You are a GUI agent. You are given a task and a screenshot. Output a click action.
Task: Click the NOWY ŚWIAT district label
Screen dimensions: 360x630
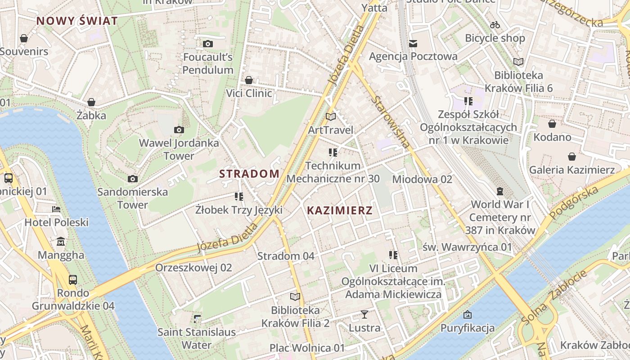coord(77,21)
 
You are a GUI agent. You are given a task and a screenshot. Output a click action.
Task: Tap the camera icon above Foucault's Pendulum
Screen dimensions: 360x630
coord(207,44)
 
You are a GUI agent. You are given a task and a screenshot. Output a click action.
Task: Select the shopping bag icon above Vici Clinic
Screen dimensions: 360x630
coord(249,80)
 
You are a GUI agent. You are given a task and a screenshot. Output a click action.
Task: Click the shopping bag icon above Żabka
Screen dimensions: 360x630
coord(91,102)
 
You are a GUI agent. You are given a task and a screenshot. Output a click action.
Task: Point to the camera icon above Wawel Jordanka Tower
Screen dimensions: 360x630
coord(179,130)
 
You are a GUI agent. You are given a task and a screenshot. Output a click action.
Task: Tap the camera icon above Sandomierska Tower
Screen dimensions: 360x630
coord(132,179)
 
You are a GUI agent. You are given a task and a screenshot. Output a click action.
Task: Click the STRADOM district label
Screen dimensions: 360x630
coord(249,174)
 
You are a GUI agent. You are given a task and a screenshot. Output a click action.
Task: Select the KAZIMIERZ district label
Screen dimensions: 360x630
coord(340,210)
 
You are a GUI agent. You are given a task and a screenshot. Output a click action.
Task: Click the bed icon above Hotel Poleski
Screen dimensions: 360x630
coord(56,209)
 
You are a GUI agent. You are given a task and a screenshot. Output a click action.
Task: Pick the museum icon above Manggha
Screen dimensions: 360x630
coord(61,242)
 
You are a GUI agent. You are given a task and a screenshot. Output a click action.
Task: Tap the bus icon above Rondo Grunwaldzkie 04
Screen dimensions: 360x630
coord(73,280)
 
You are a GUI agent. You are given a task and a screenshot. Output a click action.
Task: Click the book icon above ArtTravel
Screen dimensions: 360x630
coord(331,117)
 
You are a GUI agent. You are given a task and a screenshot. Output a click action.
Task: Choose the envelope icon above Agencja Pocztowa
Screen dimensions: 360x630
coord(413,43)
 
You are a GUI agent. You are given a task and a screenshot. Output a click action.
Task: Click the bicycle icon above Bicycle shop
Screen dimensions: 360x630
coord(495,25)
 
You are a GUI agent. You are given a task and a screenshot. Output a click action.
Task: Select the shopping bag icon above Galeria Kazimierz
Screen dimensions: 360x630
coord(571,157)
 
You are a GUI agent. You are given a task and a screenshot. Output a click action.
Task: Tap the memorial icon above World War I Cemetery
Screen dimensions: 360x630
coord(499,191)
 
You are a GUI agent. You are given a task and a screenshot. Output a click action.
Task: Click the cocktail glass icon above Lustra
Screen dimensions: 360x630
coord(364,315)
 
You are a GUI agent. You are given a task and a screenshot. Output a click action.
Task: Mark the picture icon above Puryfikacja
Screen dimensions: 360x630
coord(468,315)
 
